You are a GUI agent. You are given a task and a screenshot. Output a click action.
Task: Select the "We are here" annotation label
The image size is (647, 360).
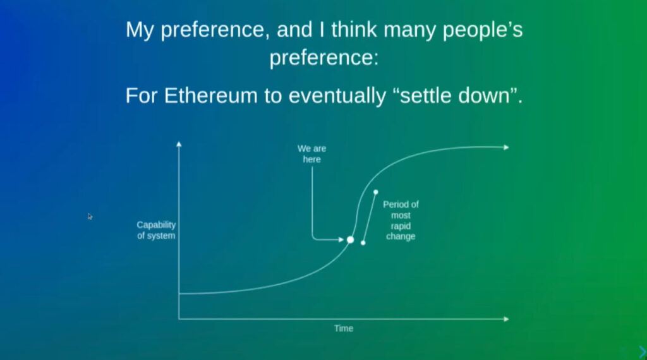312,154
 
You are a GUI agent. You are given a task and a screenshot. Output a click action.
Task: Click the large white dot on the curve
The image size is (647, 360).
350,239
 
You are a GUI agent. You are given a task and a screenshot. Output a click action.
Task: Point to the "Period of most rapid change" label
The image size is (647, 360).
401,220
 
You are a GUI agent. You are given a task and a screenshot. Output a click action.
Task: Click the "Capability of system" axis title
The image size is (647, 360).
157,230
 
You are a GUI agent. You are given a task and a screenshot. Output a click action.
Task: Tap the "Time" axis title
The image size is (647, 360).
344,328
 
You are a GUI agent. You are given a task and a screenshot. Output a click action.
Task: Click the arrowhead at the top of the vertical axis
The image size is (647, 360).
179,144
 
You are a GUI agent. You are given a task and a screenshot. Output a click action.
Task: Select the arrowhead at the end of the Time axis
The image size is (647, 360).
506,319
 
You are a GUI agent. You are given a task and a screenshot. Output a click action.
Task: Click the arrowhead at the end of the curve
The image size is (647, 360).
506,147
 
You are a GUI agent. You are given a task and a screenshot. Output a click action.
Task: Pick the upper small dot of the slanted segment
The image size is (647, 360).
375,192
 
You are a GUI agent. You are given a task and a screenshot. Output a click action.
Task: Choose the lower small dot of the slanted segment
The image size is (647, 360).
363,243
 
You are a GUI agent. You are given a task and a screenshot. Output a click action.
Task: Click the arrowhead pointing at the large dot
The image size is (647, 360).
341,239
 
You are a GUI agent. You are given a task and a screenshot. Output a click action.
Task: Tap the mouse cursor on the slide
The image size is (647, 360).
90,217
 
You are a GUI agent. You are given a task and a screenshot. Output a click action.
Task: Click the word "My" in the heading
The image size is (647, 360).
140,30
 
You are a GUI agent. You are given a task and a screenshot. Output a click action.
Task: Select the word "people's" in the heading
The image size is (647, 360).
482,30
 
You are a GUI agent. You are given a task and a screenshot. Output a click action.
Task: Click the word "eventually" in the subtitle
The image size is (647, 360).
337,95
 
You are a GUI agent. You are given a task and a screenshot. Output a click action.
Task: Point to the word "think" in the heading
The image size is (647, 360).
354,30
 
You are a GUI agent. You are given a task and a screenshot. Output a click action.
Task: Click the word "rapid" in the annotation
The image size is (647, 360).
401,226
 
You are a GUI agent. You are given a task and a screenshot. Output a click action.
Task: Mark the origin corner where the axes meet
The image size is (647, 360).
179,319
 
